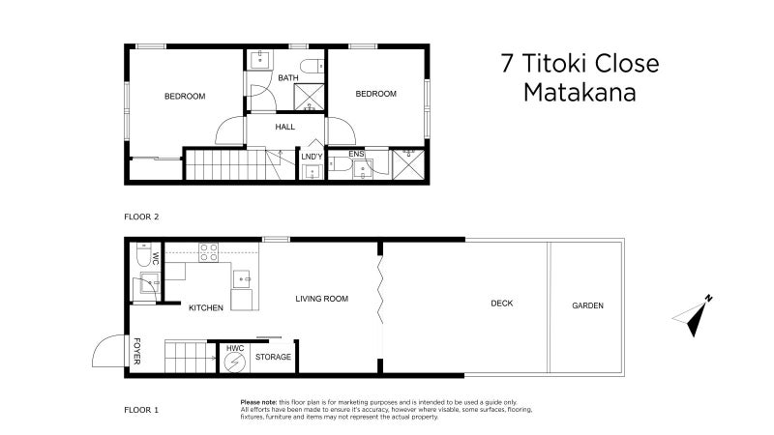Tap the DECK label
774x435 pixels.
click(501, 304)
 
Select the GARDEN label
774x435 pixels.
click(587, 305)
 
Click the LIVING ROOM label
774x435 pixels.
click(321, 299)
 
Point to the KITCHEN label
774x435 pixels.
click(206, 307)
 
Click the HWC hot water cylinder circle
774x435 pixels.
click(234, 362)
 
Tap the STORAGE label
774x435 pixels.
click(273, 358)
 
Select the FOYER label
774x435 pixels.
click(136, 352)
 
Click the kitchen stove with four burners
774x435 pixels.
click(209, 252)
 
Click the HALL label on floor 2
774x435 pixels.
click(284, 127)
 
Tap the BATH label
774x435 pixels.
click(288, 78)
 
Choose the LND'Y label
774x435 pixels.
click(312, 157)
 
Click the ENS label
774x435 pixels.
click(356, 154)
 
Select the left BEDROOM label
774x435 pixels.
click(184, 96)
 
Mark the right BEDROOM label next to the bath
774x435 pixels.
click(375, 94)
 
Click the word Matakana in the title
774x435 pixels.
click(579, 94)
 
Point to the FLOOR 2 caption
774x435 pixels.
click(141, 217)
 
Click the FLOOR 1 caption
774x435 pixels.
click(141, 410)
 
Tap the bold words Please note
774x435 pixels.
click(258, 401)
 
